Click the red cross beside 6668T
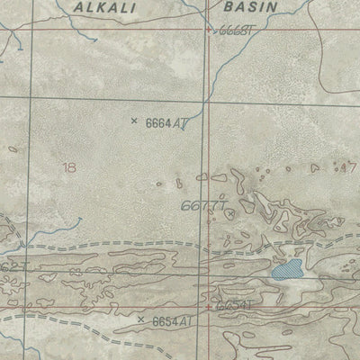tap(210, 31)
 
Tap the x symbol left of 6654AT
tap(140, 319)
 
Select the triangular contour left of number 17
tap(314, 167)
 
